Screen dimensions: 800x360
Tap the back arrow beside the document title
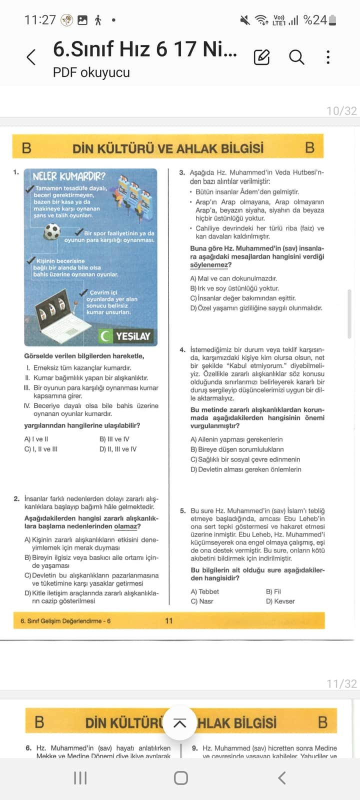point(31,57)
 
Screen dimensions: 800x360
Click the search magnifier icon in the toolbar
point(296,57)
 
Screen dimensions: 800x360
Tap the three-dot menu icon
point(328,57)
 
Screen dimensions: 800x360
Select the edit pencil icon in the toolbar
point(261,57)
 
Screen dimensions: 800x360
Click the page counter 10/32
point(341,111)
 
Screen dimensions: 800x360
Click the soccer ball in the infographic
point(52,231)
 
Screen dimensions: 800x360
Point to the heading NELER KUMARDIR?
point(69,176)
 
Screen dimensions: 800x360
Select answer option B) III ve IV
point(114,439)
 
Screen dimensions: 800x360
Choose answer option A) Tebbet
point(205,591)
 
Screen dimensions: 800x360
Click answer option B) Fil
point(273,591)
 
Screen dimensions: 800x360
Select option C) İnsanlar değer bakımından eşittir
point(243,298)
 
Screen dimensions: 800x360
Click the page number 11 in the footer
point(169,621)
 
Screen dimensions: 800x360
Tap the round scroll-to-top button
point(179,723)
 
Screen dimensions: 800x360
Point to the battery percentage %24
point(315,20)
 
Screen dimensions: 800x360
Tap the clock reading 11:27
point(40,20)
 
